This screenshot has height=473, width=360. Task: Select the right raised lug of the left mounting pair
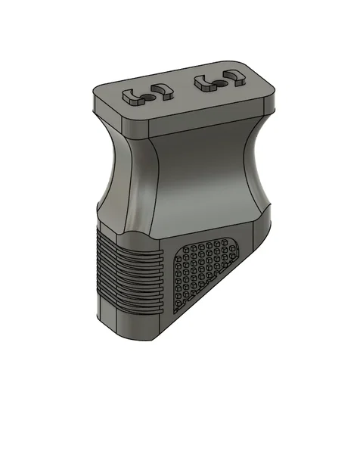[x=162, y=91]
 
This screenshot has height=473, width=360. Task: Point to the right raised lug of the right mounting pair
[x=234, y=75]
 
